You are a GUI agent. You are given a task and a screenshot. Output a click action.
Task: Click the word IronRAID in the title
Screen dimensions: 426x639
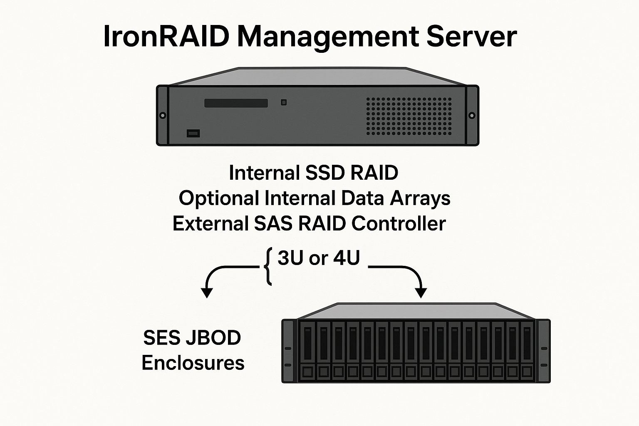(166, 37)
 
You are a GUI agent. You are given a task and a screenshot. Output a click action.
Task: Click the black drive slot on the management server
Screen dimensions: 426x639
(236, 103)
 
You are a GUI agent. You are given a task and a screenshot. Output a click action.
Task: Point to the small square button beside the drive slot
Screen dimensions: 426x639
(284, 102)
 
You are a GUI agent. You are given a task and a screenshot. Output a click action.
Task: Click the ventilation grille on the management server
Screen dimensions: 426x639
(409, 116)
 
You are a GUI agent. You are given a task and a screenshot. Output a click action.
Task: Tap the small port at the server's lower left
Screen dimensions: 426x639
(193, 134)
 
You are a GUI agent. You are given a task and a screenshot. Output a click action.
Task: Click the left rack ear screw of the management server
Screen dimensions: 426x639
(163, 115)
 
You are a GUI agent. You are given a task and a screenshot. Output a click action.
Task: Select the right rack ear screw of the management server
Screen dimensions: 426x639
(472, 115)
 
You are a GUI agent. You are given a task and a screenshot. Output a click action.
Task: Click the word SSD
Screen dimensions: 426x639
(325, 173)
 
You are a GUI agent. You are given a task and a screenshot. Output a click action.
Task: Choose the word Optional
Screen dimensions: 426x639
(219, 198)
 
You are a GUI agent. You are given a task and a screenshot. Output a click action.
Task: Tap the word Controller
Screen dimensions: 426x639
(399, 224)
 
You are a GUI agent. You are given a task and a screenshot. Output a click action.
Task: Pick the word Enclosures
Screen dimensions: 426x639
(193, 363)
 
